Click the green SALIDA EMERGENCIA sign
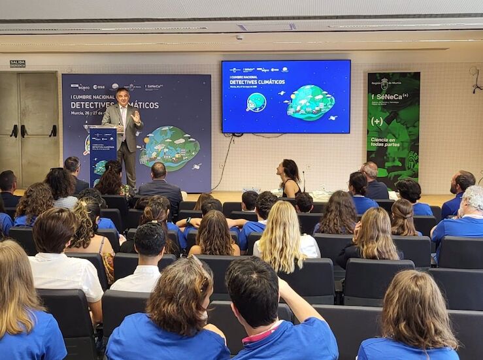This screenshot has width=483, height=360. tap(17, 64)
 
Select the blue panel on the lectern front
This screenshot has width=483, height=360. tap(103, 154)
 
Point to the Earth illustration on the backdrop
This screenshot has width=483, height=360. tap(171, 147)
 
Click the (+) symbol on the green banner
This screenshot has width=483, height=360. tap(377, 121)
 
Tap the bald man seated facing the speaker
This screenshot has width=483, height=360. tap(158, 171)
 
